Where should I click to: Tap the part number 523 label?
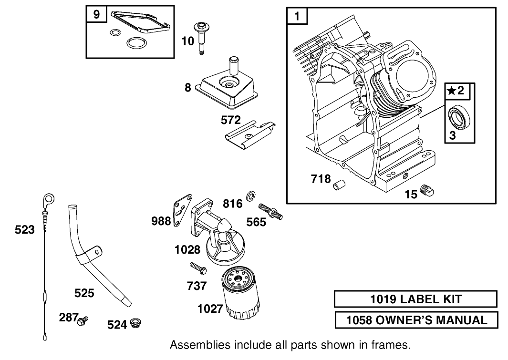tap(25, 230)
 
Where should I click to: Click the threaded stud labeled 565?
tap(270, 212)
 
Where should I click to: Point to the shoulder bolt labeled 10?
tap(200, 38)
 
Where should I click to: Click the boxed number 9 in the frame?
tap(96, 15)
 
